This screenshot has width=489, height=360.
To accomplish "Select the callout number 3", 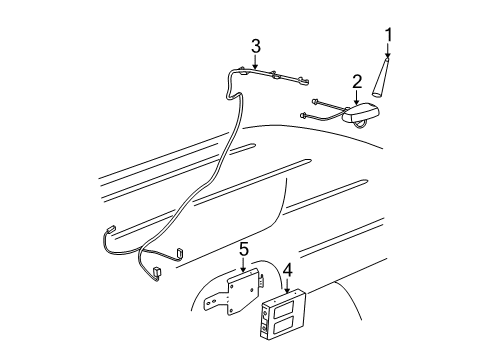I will (x=256, y=46).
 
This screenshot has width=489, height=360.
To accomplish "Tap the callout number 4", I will (x=287, y=269).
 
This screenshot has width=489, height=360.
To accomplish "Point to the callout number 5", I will (x=242, y=248).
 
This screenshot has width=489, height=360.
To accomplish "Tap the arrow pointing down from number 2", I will (x=357, y=100).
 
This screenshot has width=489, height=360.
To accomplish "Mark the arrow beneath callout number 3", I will (x=256, y=65).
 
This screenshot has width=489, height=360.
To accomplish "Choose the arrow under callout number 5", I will (x=242, y=267).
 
